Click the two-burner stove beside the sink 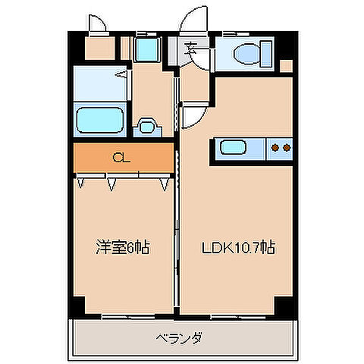(281, 148)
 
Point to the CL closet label (120, 158)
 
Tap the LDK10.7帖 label (237, 248)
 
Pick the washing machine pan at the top (144, 50)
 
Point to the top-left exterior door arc (96, 23)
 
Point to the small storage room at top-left (97, 50)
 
